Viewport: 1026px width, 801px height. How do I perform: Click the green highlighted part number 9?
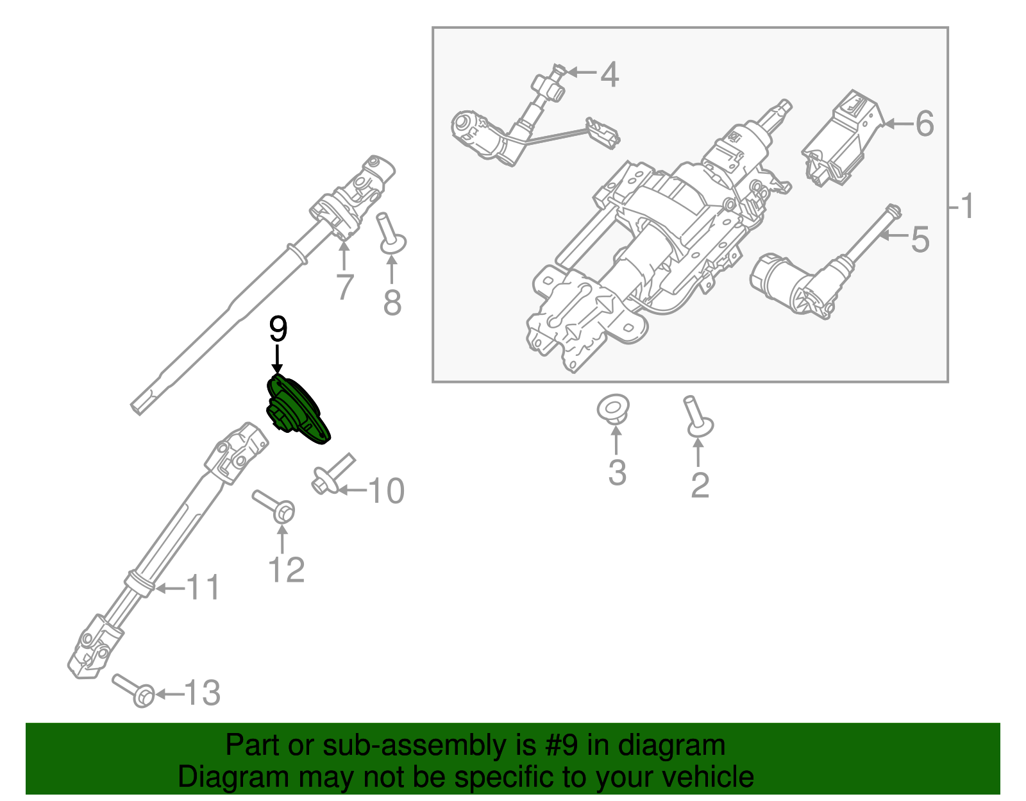[298, 410]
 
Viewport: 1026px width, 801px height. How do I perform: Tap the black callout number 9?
[278, 330]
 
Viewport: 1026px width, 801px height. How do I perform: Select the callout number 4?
[609, 75]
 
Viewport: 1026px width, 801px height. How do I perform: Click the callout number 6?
[924, 124]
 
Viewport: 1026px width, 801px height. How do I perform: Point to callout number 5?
[920, 240]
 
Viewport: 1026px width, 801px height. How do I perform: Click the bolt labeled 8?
[391, 235]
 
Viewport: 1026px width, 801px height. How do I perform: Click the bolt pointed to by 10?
[332, 475]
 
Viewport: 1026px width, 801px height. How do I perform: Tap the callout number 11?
[203, 588]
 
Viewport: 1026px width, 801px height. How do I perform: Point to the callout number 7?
[344, 287]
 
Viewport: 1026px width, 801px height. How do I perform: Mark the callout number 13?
[203, 693]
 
